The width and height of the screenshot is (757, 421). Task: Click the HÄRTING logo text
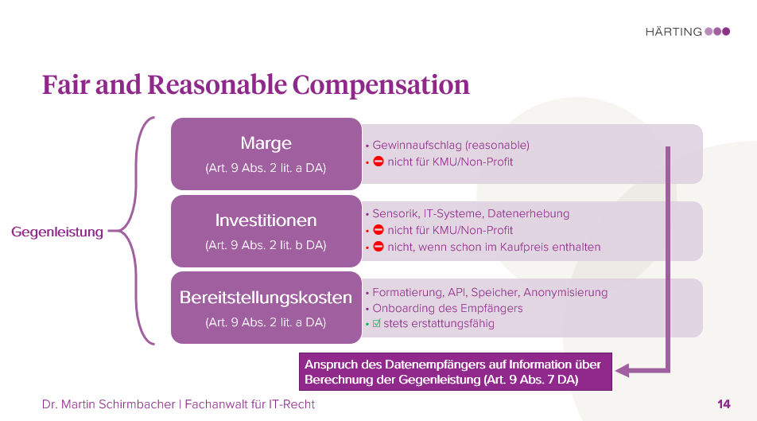(x=674, y=32)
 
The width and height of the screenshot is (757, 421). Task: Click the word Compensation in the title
(x=381, y=84)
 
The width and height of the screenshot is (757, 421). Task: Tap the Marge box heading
(x=266, y=143)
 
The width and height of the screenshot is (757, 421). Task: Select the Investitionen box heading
(x=266, y=220)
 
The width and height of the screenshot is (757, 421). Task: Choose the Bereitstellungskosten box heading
(x=266, y=298)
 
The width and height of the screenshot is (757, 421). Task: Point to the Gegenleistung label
(x=57, y=232)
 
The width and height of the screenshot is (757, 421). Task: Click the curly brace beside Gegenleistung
(x=134, y=231)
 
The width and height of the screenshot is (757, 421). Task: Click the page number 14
(x=723, y=404)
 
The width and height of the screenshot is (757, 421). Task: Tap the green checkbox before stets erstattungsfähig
(x=377, y=324)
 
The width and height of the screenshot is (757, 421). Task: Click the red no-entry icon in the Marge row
(x=378, y=162)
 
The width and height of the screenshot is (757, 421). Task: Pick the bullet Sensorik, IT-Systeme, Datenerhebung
(x=471, y=213)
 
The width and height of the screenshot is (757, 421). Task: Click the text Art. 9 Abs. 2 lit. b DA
(x=266, y=245)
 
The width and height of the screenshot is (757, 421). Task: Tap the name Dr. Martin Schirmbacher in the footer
(x=109, y=404)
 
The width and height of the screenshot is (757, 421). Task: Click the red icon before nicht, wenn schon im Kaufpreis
(x=378, y=247)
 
